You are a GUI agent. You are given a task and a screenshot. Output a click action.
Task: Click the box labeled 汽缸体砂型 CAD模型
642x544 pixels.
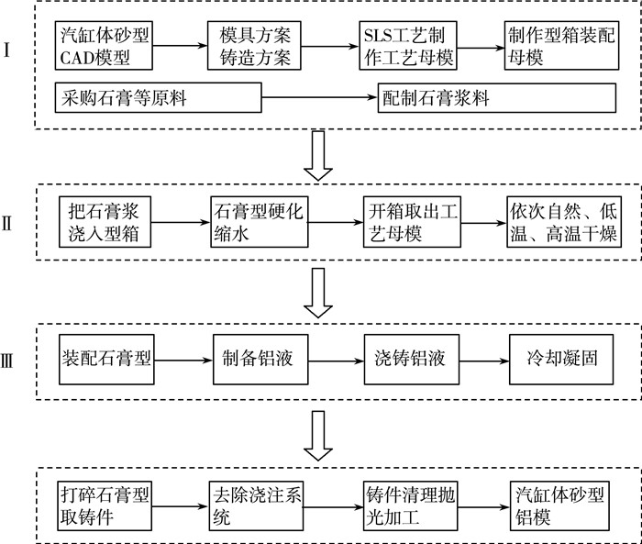(x=104, y=46)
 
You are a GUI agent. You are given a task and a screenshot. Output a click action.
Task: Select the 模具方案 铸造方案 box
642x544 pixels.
(x=254, y=46)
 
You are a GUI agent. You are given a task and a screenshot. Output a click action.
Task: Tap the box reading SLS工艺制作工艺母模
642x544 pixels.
(x=408, y=46)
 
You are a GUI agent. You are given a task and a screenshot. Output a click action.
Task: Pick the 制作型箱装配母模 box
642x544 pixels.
(x=561, y=46)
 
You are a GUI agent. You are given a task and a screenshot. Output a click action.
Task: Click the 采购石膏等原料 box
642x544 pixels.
(x=159, y=97)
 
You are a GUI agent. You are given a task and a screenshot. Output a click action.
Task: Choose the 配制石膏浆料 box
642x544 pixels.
(x=497, y=97)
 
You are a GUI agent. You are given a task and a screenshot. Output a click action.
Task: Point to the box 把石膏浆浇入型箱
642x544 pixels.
(x=105, y=222)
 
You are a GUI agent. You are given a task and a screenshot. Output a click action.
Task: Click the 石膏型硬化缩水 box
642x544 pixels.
(x=260, y=222)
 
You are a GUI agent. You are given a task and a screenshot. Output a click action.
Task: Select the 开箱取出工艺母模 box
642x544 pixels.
(x=413, y=222)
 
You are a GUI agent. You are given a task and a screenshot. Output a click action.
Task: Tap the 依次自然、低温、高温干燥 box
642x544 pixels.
(x=564, y=222)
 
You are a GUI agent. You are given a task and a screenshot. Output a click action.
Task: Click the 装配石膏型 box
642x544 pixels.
(x=106, y=360)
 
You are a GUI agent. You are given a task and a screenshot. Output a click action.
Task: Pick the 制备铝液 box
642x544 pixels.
(x=260, y=360)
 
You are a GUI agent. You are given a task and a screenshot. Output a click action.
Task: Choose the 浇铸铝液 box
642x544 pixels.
(x=412, y=360)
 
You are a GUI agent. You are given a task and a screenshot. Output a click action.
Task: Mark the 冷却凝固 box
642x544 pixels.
(x=561, y=360)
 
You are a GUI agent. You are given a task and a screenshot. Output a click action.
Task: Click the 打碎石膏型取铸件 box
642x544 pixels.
(x=105, y=506)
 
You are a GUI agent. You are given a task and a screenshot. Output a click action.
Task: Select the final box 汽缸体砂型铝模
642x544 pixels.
(x=559, y=506)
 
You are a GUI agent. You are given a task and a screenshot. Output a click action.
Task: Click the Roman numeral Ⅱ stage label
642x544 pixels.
(x=7, y=224)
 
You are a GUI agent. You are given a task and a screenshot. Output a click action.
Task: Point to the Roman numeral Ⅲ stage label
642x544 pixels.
(x=7, y=361)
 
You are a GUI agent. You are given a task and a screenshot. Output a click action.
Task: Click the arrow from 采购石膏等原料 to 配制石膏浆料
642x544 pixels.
(x=319, y=97)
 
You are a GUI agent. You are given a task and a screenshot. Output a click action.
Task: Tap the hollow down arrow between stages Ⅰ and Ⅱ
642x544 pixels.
(x=318, y=156)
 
